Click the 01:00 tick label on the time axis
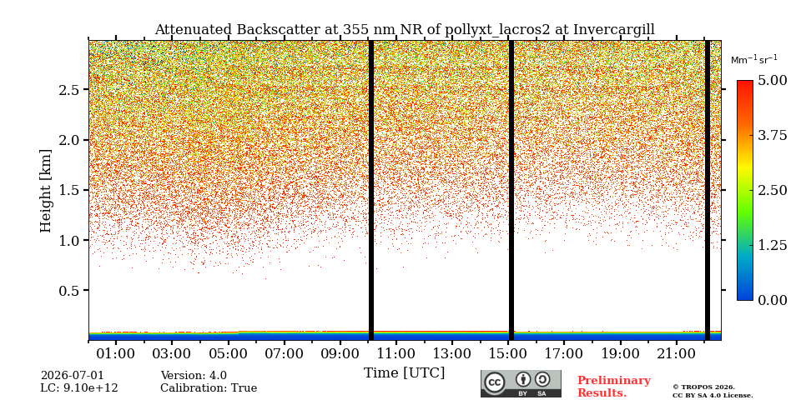tap(117, 353)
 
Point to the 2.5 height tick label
tap(70, 90)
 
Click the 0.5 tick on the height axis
tap(70, 290)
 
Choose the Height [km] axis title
tap(46, 191)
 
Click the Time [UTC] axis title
tap(405, 373)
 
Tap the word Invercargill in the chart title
tap(614, 30)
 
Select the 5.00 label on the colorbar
tap(773, 80)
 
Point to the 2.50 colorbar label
tap(773, 190)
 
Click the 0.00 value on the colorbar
tap(773, 300)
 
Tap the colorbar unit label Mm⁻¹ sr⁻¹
tap(754, 60)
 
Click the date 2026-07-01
tap(73, 376)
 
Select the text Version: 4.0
tap(194, 376)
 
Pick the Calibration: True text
tap(209, 388)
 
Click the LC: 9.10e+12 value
tap(79, 388)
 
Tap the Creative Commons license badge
tap(521, 383)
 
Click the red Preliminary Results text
tap(614, 387)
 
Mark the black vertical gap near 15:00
tap(511, 190)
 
